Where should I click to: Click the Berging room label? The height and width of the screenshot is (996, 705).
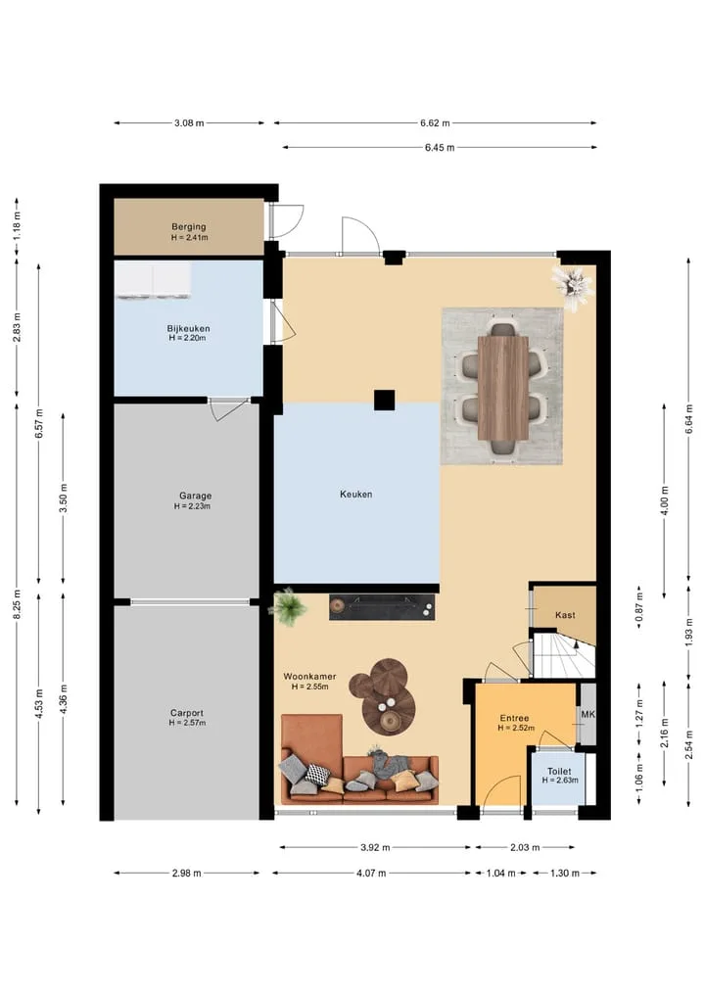click(x=189, y=227)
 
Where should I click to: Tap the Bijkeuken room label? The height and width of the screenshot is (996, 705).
click(x=189, y=328)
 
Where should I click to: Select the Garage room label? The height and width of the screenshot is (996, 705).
click(x=195, y=497)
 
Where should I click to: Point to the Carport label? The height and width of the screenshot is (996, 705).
click(x=187, y=713)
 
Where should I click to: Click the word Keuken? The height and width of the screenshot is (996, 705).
click(x=355, y=495)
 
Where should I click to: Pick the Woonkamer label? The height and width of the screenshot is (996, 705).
click(x=310, y=677)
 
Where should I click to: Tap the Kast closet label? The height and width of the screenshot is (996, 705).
click(x=565, y=615)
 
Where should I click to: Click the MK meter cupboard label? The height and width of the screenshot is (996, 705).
click(x=588, y=715)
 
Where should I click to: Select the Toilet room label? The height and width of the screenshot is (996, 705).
click(x=559, y=771)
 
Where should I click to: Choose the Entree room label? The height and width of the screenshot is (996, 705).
click(x=514, y=719)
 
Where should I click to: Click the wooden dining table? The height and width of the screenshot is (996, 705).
click(x=503, y=388)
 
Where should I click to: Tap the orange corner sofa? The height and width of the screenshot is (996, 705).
click(x=358, y=760)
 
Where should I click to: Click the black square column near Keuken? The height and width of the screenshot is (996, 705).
click(x=384, y=401)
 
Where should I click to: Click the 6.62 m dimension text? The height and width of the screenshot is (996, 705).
click(x=435, y=123)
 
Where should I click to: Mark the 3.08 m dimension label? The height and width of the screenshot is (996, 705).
click(x=189, y=123)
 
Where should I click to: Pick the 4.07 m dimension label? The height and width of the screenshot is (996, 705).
click(x=371, y=874)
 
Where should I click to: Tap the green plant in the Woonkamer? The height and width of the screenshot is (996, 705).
click(x=289, y=606)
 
